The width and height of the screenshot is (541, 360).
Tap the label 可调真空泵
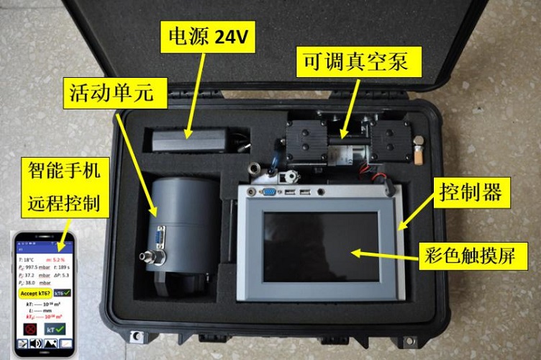(x=353, y=62)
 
